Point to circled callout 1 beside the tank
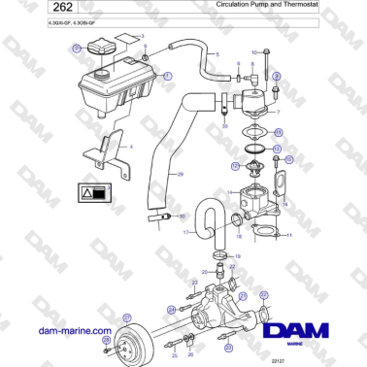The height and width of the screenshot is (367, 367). point(166,75)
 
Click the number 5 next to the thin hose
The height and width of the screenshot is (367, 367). point(217,55)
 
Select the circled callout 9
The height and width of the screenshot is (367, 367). point(277,76)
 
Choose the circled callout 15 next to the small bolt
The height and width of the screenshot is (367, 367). point(277,157)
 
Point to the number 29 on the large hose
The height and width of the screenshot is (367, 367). point(179,175)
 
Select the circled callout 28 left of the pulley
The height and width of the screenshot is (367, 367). point(107,341)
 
